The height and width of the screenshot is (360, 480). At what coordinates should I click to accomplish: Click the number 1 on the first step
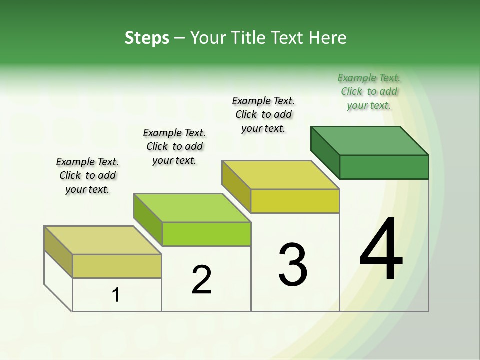pos(116,295)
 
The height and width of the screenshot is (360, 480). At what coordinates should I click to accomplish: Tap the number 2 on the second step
pos(201,280)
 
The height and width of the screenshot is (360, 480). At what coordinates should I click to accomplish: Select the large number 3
pos(293,265)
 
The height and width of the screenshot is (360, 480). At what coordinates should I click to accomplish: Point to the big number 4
pos(381,250)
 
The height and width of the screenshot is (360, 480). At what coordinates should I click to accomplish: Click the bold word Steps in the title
pos(147,38)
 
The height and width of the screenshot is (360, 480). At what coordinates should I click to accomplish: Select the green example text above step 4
pos(369,92)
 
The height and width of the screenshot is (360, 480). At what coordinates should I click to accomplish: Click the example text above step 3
pos(263,114)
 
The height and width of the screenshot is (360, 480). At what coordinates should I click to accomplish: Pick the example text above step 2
pos(174,146)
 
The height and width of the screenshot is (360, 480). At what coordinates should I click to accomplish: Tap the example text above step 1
pos(87,175)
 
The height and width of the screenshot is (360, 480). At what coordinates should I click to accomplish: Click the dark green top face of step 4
pos(369,140)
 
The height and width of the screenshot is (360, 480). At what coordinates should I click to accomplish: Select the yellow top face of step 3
pos(280,175)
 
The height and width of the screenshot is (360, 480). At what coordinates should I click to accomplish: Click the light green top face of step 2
pos(192,208)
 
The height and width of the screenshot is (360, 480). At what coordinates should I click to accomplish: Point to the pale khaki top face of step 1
pos(103,240)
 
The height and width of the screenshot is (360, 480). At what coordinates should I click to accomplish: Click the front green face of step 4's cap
pos(384,167)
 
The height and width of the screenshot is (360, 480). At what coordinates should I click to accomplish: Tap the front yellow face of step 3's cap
pos(295,201)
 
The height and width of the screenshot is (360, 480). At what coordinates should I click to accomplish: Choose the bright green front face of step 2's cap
pos(206,234)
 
